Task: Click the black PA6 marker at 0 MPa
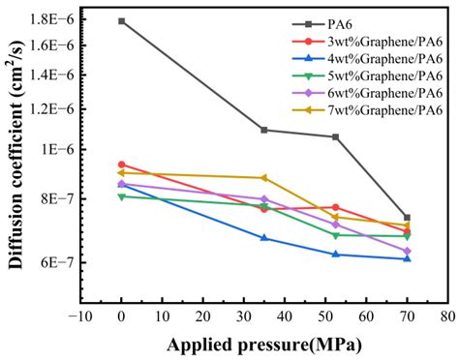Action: [121, 20]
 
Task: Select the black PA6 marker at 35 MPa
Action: [264, 130]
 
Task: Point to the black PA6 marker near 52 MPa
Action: [335, 136]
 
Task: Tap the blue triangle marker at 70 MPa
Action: [407, 258]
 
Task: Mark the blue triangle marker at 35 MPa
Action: [264, 237]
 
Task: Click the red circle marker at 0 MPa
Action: [121, 165]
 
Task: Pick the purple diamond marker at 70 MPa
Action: [407, 251]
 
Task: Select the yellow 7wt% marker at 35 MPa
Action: [264, 178]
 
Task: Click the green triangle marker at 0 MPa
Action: [121, 196]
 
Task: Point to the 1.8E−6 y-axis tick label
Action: [51, 19]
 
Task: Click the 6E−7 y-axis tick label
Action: [56, 262]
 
